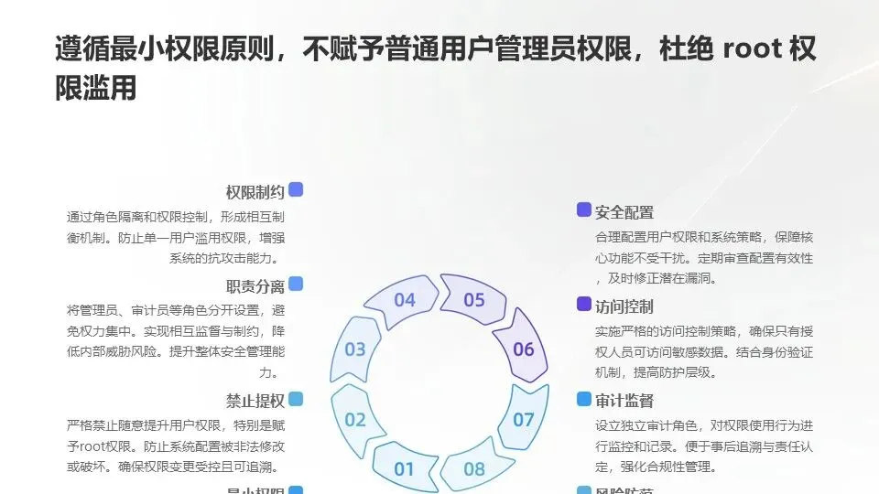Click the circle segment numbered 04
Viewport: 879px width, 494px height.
click(x=404, y=300)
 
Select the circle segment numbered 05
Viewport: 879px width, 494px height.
click(x=473, y=300)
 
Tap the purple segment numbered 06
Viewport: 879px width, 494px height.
click(x=523, y=349)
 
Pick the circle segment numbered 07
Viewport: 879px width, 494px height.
click(x=523, y=420)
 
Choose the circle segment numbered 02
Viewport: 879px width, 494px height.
click(x=355, y=420)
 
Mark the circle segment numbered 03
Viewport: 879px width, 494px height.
click(x=355, y=349)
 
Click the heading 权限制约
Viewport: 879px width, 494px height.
click(x=255, y=192)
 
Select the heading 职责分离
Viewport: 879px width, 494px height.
click(x=255, y=286)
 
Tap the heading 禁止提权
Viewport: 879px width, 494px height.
click(x=255, y=400)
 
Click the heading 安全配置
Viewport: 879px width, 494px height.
click(x=624, y=212)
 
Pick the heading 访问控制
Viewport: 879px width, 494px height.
click(x=624, y=306)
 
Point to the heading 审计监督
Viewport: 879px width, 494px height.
click(x=624, y=401)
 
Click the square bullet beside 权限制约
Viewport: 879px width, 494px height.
click(x=295, y=190)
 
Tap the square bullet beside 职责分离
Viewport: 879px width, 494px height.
click(x=295, y=285)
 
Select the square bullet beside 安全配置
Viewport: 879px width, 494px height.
click(x=584, y=210)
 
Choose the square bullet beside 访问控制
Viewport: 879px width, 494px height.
click(x=584, y=304)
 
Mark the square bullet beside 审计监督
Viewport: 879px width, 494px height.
click(x=584, y=399)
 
